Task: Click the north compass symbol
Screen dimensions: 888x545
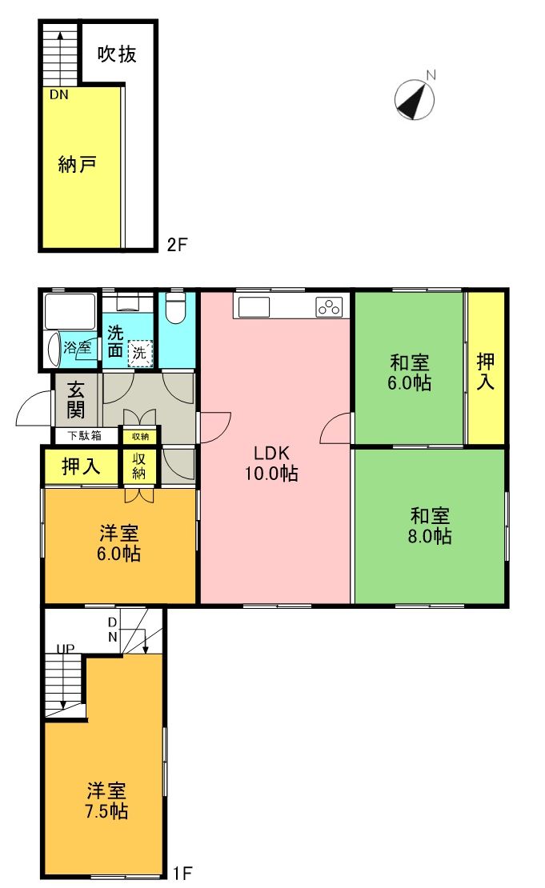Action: pos(415,100)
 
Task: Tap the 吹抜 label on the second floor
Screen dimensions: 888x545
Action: pos(117,54)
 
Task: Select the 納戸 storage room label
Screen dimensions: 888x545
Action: pos(78,166)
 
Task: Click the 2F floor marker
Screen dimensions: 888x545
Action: pos(177,244)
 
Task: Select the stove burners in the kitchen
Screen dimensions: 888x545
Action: pos(330,306)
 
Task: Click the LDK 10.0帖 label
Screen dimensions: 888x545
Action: pos(271,462)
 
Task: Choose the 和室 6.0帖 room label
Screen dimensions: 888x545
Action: pos(410,372)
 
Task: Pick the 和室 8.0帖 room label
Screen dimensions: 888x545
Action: pos(431,525)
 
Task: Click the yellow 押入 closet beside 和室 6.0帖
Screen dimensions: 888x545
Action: pos(486,371)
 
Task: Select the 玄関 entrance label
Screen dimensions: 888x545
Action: pos(76,400)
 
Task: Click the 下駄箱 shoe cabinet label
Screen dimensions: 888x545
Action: pos(84,436)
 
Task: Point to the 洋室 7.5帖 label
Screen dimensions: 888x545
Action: pos(107,801)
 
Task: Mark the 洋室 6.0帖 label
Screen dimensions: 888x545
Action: pos(120,542)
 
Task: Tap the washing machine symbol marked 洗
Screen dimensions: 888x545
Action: pos(140,351)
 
